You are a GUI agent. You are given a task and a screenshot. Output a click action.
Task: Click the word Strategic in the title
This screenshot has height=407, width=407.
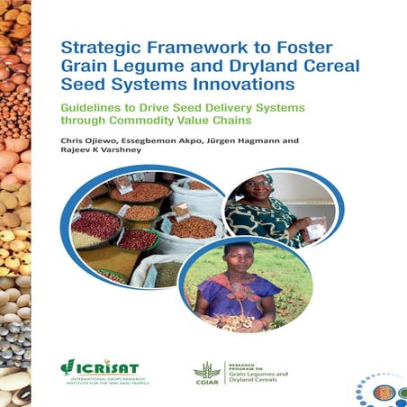click(96, 48)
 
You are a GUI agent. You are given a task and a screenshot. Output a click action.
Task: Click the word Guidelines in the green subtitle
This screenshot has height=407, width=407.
click(95, 107)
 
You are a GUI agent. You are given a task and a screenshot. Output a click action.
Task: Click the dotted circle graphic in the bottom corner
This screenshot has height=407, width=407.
click(382, 389)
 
